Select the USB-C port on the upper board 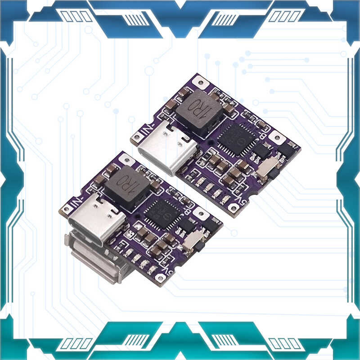tap(167, 148)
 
